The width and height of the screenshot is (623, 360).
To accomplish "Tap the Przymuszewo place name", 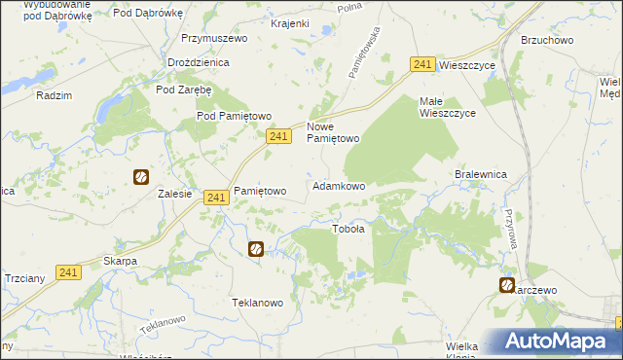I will [x=214, y=39].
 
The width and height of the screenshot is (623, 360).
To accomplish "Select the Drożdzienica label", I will [x=198, y=62].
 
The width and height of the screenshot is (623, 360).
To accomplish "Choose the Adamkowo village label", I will [x=338, y=186].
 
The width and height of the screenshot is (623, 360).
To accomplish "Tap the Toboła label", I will [x=348, y=230].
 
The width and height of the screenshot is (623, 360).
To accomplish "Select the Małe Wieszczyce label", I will [x=447, y=107].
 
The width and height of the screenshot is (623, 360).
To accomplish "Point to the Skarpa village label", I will [x=120, y=262].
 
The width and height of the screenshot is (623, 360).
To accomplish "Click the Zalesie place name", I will [x=174, y=194].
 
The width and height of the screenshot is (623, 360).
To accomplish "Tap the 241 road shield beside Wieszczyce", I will [x=421, y=64].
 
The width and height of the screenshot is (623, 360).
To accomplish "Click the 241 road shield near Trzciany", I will [x=67, y=273].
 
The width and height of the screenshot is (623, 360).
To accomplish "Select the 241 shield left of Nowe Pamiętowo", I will [x=278, y=138].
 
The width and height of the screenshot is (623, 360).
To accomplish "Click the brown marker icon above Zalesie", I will [x=141, y=177].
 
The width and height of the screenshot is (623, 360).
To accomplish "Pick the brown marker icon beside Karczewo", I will [x=507, y=285].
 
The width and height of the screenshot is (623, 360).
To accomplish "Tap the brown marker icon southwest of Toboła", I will [x=256, y=249].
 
